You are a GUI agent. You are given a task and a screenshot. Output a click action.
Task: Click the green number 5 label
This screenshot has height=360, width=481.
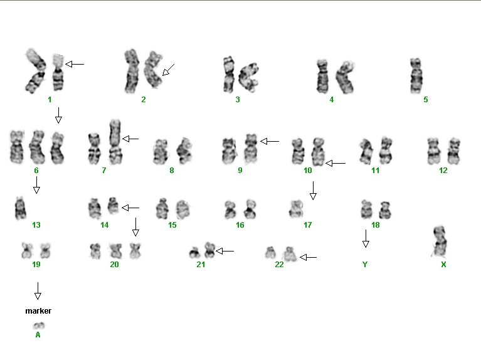pos(425,100)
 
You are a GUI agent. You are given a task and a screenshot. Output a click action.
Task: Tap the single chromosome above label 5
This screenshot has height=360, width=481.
pos(416,75)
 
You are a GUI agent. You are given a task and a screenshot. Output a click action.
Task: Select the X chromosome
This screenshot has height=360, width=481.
pos(440,242)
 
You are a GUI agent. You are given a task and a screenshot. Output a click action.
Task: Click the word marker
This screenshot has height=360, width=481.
pos(38,311)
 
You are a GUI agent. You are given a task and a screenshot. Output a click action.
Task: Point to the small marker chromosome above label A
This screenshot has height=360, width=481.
pos(39,326)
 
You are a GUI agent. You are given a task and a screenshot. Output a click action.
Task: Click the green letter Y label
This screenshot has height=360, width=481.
pos(365,264)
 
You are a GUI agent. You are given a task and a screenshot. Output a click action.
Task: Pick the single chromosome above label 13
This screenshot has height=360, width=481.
pos(20,208)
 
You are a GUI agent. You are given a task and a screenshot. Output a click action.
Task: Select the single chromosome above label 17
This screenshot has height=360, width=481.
pos(296,209)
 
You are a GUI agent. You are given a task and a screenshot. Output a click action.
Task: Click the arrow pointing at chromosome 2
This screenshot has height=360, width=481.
pos(168,70)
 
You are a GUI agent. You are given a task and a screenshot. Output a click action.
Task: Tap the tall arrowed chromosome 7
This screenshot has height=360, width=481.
pos(115,142)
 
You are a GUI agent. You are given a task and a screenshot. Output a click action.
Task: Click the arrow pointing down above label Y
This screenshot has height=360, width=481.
pos(366,238)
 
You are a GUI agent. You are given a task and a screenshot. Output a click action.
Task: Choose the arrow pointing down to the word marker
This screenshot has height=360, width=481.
pos(38,291)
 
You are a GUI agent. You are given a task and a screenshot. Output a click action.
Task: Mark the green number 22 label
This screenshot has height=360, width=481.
pos(279,265)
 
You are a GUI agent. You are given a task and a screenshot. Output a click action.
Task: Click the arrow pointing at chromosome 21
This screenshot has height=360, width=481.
pos(225,251)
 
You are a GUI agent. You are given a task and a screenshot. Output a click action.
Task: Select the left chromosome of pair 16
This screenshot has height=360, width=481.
pos(230,209)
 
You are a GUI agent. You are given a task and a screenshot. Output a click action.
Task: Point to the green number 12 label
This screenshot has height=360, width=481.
pos(443,171)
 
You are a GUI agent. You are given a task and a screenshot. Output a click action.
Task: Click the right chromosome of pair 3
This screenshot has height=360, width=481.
pos(249,77)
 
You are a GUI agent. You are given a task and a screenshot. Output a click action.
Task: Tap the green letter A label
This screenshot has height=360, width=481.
pos(38,335)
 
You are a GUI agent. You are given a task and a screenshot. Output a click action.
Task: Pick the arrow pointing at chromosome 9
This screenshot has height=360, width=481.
pos(270,141)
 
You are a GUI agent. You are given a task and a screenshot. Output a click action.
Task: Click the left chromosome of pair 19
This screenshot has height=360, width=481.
pos(27,250)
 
